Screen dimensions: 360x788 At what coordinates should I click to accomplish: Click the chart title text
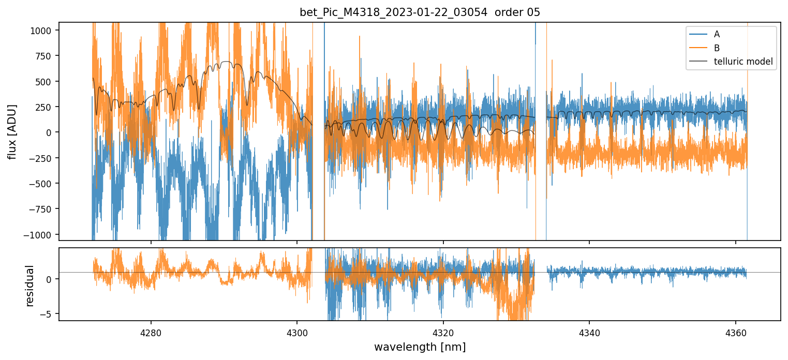click(420, 12)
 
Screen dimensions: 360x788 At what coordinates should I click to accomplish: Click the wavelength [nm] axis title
click(420, 347)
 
